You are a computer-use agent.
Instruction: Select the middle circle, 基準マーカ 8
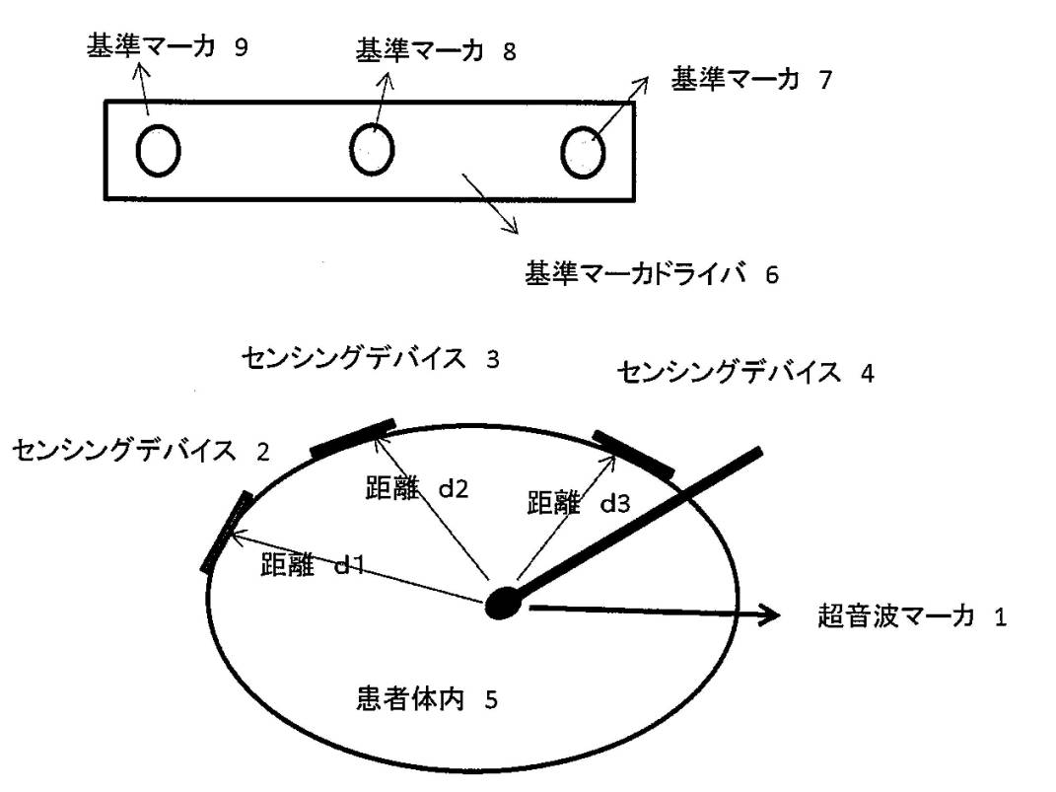(373, 150)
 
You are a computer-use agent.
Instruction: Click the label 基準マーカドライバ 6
(652, 273)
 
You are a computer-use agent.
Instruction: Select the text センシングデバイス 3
(370, 359)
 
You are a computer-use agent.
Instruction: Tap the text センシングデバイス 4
(744, 373)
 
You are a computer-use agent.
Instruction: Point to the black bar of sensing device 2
(225, 531)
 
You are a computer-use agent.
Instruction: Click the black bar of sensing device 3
(353, 439)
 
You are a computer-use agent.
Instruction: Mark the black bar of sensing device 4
(634, 455)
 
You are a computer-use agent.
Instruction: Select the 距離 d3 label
(578, 503)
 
